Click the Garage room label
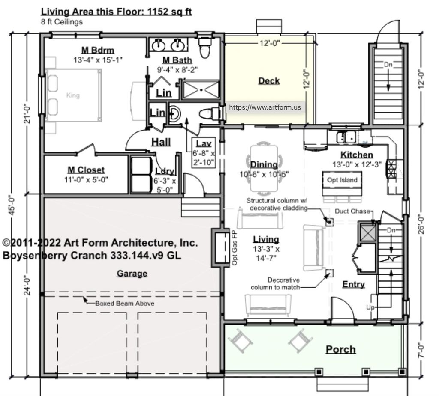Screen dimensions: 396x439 (x=132, y=274)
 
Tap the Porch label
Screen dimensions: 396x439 (x=340, y=349)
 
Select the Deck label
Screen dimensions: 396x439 (x=269, y=80)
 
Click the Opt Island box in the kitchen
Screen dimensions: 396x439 (x=342, y=180)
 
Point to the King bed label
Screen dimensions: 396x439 (x=73, y=95)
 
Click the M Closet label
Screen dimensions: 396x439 (x=86, y=170)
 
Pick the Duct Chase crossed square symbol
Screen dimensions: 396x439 (x=367, y=233)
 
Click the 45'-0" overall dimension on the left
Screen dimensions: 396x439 (x=14, y=205)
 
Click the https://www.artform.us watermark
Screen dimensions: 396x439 (x=265, y=107)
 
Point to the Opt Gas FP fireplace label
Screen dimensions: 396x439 (x=235, y=248)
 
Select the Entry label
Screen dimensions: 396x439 (x=353, y=284)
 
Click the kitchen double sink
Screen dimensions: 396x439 (x=346, y=137)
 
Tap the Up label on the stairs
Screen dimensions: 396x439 (x=370, y=307)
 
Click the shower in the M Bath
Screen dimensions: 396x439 (x=201, y=90)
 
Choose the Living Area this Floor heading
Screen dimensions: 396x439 (x=117, y=12)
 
